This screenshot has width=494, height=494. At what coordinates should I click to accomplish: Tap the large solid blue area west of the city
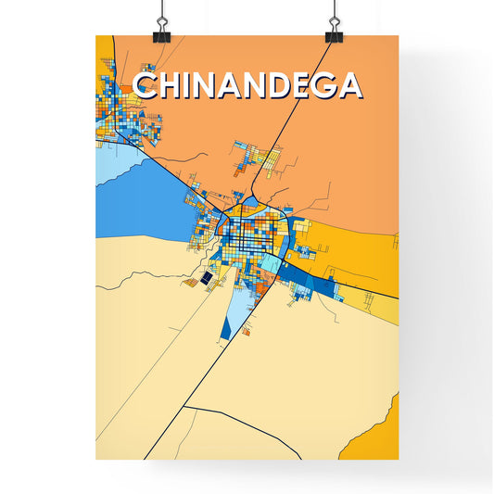pyautogui.click(x=139, y=199)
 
